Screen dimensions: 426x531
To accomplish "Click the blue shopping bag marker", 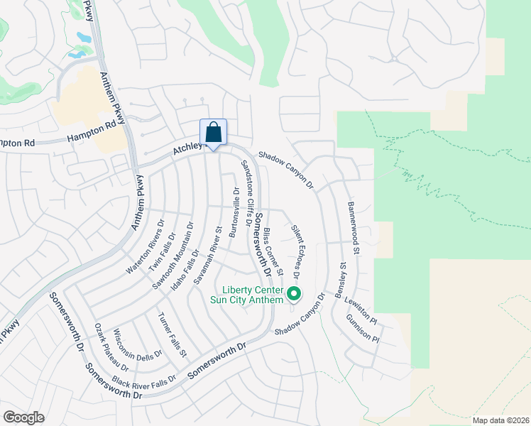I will point(213,132).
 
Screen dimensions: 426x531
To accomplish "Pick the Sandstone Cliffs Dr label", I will point(248,192).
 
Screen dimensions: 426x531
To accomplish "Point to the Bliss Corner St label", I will point(273,253).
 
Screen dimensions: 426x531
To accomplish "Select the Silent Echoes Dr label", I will point(296,252).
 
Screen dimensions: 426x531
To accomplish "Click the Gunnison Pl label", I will point(363,328).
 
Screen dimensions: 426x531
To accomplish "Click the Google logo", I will point(24,417).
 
